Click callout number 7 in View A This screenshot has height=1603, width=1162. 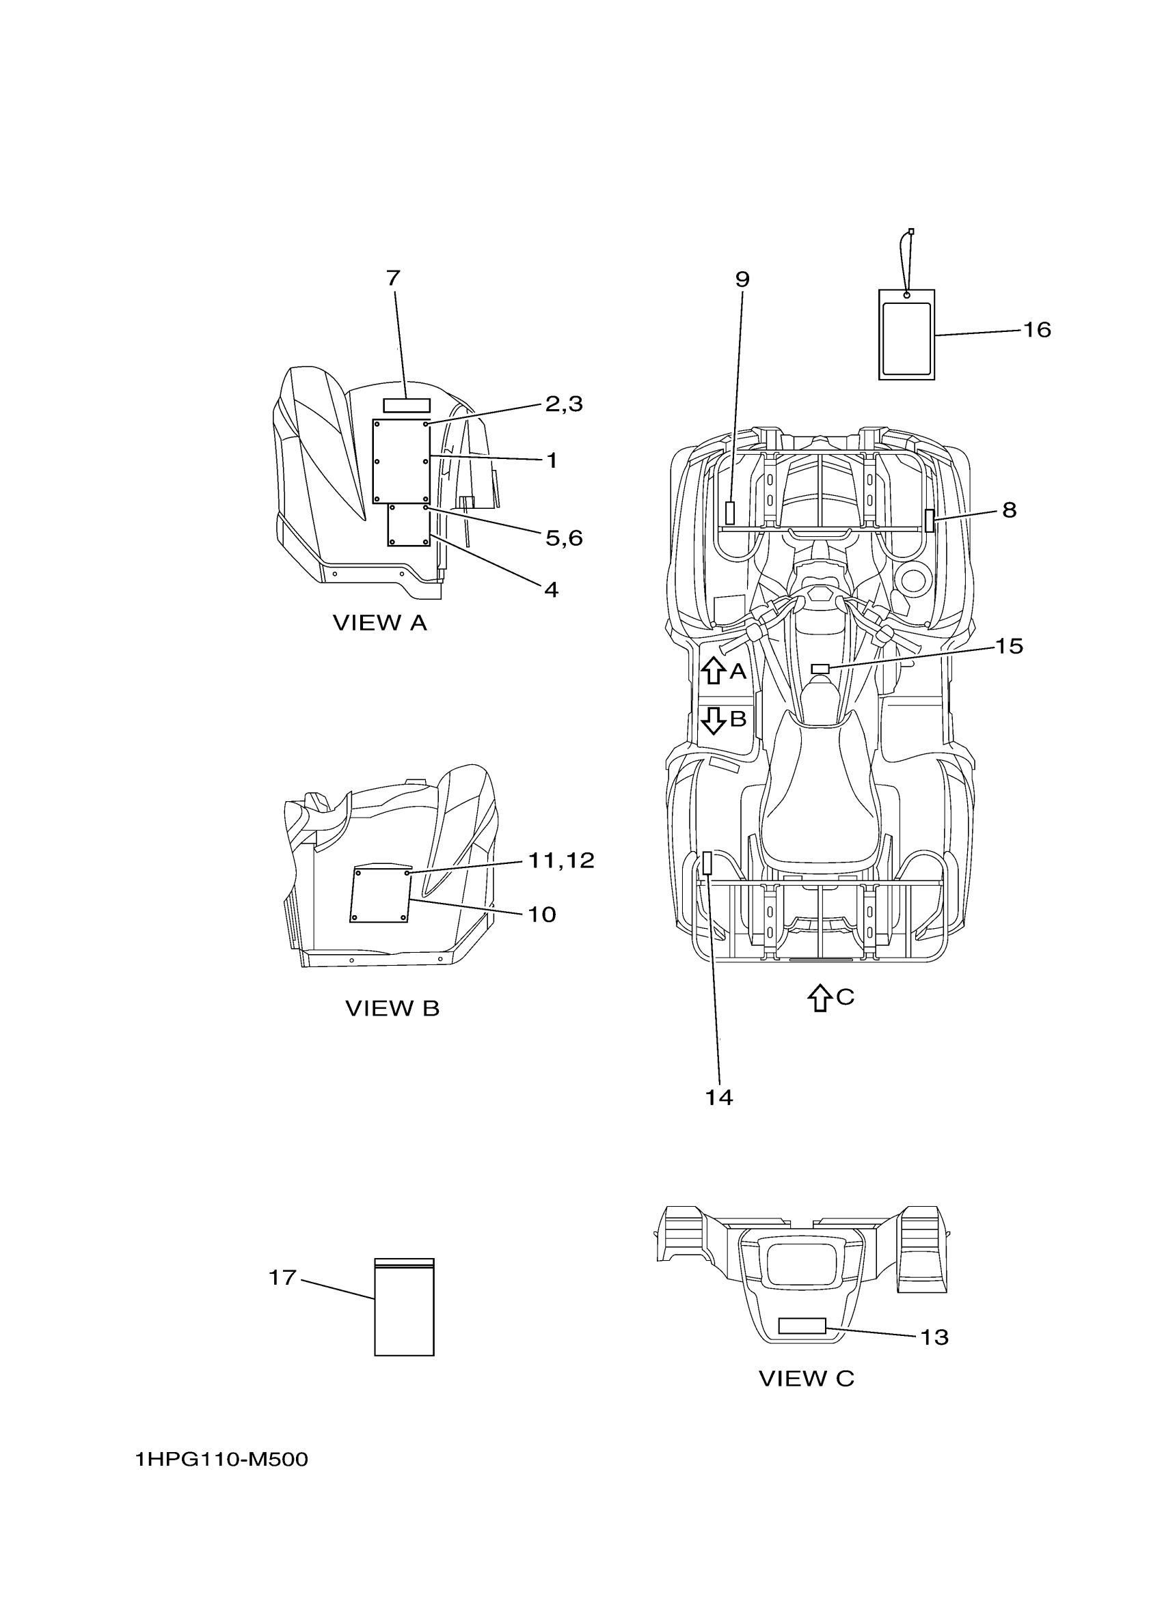point(393,279)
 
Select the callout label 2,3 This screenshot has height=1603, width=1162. point(564,404)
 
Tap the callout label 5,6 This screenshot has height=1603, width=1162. point(564,538)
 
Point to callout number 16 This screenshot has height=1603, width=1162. point(1037,329)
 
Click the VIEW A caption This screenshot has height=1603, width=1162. point(380,623)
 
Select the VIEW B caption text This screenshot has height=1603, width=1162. point(392,1009)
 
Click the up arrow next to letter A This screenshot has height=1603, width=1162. point(713,669)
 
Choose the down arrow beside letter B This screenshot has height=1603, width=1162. point(713,719)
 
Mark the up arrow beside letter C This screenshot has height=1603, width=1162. point(819,997)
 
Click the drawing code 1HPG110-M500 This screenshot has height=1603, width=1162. point(222,1460)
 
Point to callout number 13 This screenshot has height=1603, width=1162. point(934,1337)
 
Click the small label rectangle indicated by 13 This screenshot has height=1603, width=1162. point(802,1326)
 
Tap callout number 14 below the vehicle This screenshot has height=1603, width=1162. point(718,1098)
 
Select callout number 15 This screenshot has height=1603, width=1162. point(1010,646)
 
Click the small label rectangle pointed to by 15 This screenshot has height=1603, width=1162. point(820,669)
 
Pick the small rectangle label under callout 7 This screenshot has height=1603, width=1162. point(407,405)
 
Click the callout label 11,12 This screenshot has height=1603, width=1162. point(562,860)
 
